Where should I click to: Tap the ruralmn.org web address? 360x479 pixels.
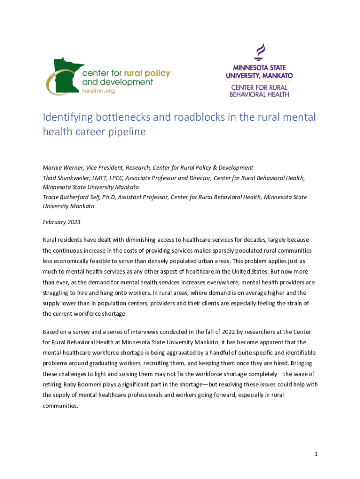pos(98,91)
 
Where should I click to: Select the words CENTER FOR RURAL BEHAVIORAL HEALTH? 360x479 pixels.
pos(259,90)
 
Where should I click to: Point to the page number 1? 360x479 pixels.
pos(316,454)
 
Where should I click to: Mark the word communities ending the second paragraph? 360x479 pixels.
pos(60,406)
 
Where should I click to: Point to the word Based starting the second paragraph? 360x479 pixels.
pos(51,332)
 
